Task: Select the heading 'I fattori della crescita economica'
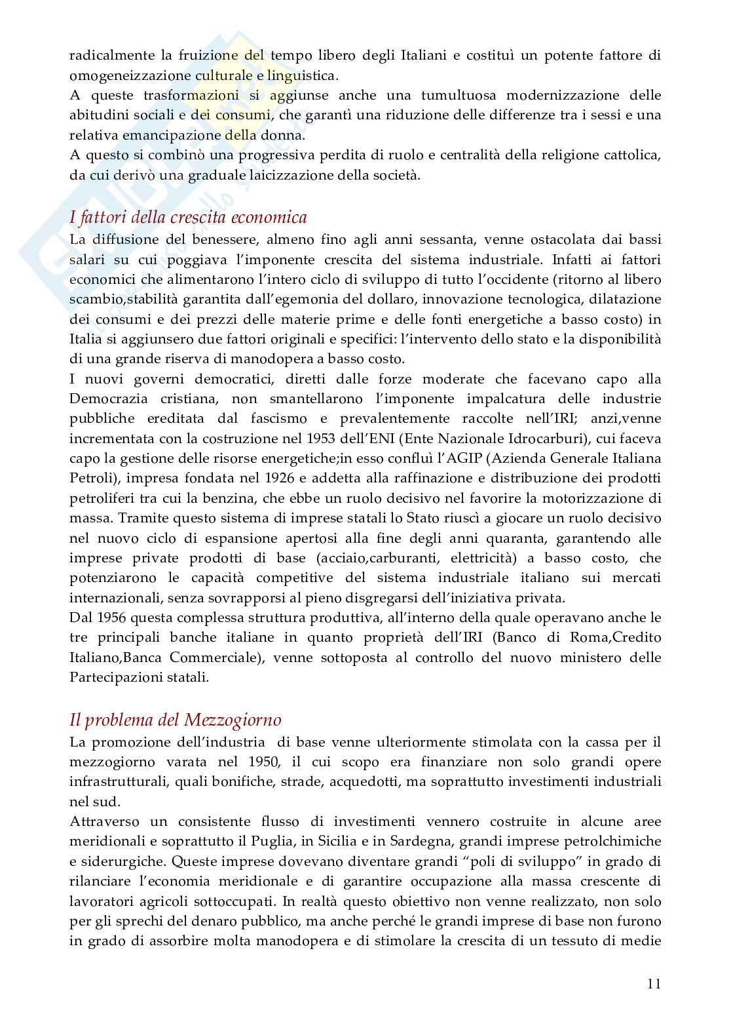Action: click(x=189, y=217)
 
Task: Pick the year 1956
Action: click(x=104, y=617)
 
